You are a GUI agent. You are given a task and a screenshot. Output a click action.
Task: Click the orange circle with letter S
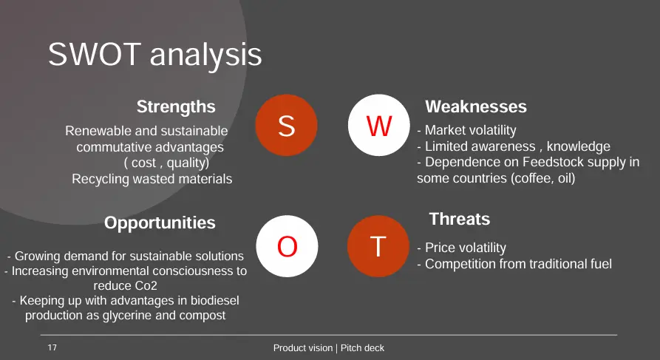[286, 125]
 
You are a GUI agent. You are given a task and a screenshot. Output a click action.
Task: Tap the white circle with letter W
[379, 125]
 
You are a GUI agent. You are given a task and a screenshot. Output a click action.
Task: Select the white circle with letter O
[287, 246]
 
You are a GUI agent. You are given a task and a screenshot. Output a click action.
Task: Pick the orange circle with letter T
[378, 246]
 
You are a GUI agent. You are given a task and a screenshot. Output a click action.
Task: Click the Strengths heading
[176, 107]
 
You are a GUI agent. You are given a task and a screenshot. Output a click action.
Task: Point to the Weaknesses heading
[476, 106]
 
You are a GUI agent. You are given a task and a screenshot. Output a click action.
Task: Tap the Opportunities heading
[160, 223]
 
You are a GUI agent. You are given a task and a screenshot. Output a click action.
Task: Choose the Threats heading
[460, 219]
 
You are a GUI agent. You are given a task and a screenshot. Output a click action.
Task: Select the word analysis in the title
[205, 56]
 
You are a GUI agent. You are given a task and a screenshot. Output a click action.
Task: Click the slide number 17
[52, 347]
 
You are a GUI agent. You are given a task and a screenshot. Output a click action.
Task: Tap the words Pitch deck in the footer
[362, 347]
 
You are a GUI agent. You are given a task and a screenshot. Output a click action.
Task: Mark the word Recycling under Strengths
[101, 180]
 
